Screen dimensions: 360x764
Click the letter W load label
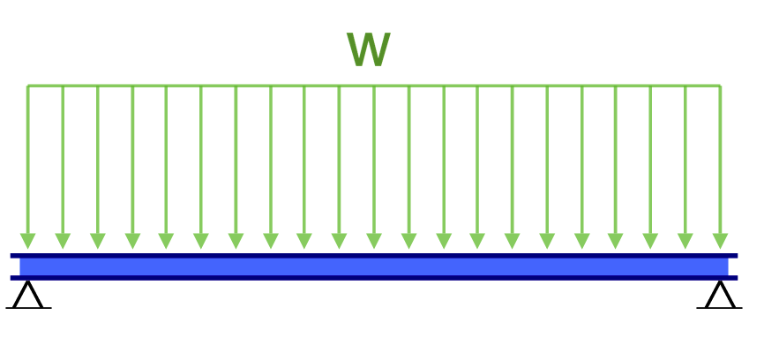(368, 51)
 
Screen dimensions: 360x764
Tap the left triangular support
(28, 296)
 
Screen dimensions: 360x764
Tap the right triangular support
(720, 296)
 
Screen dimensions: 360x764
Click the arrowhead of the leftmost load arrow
(28, 240)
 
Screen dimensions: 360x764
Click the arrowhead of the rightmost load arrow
(720, 240)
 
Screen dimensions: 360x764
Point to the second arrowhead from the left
(63, 240)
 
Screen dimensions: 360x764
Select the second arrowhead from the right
(685, 240)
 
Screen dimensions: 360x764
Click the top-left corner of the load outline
(28, 86)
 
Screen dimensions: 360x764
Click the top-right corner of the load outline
(720, 86)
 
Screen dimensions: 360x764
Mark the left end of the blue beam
(14, 266)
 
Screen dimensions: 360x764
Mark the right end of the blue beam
(733, 266)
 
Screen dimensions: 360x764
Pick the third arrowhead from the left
(97, 240)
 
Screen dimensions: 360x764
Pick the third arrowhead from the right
(651, 240)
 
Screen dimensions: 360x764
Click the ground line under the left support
(28, 308)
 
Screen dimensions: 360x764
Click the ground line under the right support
(720, 308)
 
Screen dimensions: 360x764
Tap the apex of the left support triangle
(28, 282)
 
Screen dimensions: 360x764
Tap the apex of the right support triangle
(720, 282)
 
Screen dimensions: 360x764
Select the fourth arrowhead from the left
(132, 240)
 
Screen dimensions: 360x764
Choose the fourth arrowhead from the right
(616, 240)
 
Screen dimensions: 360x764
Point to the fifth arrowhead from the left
(166, 240)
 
